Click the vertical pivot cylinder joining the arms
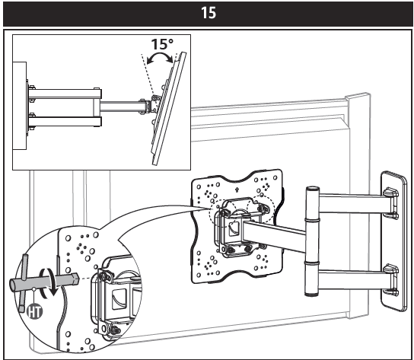pyautogui.click(x=310, y=239)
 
